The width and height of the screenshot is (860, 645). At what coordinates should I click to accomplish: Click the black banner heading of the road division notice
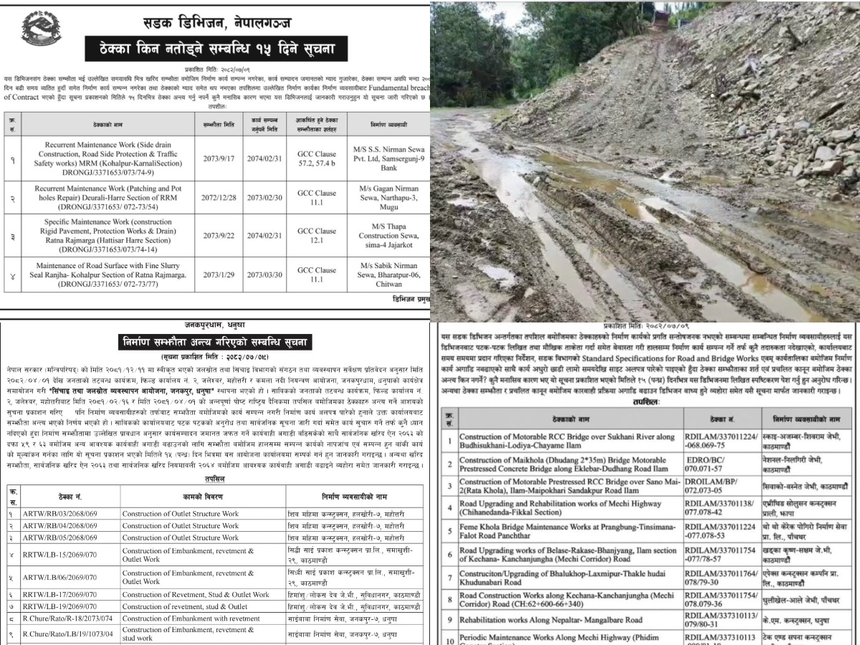tap(216, 51)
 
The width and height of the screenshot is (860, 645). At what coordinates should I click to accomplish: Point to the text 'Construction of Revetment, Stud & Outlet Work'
tap(196, 595)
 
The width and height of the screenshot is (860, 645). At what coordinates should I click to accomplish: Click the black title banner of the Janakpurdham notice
tap(214, 343)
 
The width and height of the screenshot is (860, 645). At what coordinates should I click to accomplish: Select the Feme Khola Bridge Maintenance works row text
tap(566, 532)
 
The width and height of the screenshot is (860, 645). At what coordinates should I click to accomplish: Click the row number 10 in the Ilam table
tap(449, 639)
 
